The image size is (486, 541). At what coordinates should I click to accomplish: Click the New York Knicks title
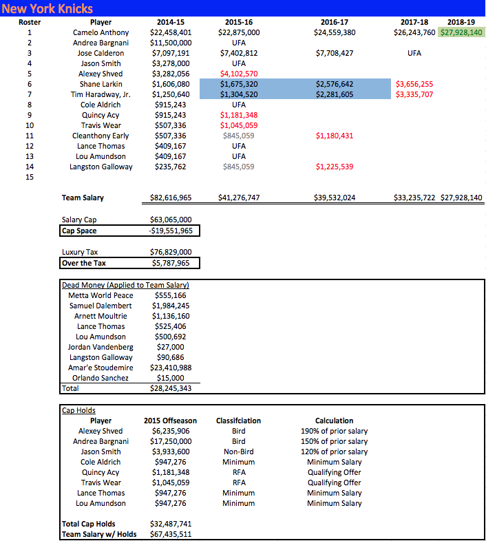coord(47,9)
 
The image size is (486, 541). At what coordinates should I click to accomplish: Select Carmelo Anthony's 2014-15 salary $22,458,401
coord(171,32)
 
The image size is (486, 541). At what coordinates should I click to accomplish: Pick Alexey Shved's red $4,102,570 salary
coord(239,74)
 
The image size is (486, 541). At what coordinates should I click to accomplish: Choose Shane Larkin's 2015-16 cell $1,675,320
coord(239,84)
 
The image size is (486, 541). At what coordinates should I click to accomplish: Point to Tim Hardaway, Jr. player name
coord(101,94)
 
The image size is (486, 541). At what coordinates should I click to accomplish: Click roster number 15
coord(29,177)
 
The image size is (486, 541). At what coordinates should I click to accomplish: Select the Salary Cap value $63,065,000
coord(171,220)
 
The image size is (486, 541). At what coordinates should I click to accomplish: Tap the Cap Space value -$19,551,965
coord(171,231)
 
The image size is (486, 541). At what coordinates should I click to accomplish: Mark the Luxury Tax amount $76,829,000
coord(171,253)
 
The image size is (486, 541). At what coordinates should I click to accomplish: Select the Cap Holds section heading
coord(79,410)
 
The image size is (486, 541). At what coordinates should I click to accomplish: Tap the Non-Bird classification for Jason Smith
coord(239,452)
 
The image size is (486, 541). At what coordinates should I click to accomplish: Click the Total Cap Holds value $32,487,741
coord(171,524)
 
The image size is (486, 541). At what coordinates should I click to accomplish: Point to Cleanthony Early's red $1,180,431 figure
coord(335,136)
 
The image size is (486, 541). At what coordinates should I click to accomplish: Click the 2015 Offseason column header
coord(171,421)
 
